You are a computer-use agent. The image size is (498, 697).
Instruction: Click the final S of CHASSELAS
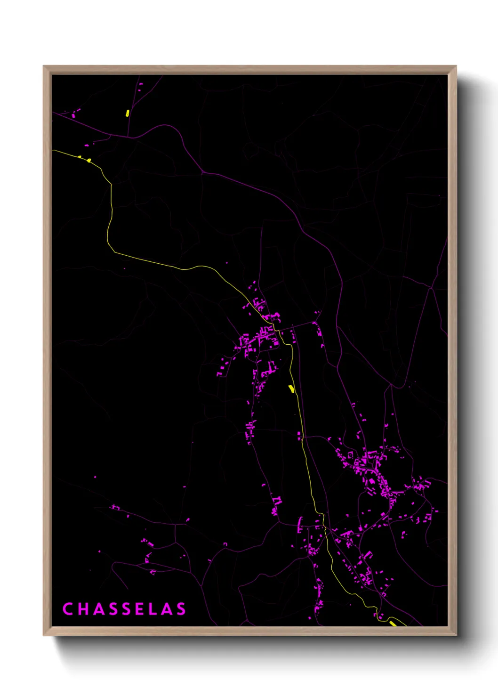pos(181,609)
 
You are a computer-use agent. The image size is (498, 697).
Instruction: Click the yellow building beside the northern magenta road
pos(128,113)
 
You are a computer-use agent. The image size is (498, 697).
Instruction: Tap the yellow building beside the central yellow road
pos(291,389)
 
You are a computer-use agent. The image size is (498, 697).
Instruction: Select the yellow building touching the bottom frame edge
pos(393,624)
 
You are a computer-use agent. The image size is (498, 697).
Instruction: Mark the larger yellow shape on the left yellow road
pos(88,161)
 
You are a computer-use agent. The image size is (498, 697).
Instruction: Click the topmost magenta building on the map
pos(141,84)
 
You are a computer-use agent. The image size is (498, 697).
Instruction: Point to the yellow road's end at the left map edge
pos(53,150)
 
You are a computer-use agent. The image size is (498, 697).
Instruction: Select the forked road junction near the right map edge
pos(431,287)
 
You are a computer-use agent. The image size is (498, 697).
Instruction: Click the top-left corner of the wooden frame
pos(43,66)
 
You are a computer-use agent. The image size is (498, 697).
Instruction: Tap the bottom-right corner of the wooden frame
pos(457,635)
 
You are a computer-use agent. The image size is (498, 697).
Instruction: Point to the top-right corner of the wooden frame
pos(457,66)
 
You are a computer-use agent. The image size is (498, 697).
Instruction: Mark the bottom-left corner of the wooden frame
pos(43,635)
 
